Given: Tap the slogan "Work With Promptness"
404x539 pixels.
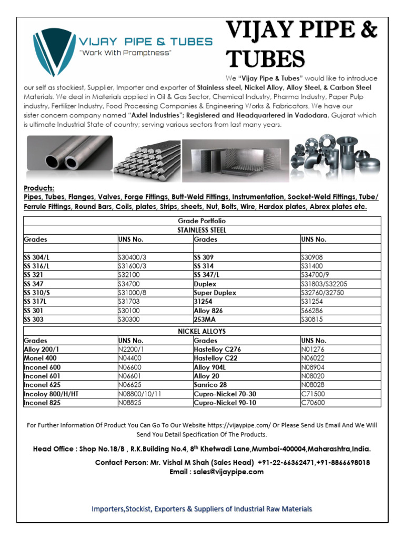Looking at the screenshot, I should pyautogui.click(x=125, y=53).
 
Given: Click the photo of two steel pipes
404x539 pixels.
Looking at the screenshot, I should pyautogui.click(x=69, y=153).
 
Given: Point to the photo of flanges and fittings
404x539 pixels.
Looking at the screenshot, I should pyautogui.click(x=334, y=153).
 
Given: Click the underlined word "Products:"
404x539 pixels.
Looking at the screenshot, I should pyautogui.click(x=39, y=188).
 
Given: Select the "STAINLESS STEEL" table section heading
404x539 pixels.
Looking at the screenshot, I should pyautogui.click(x=202, y=230).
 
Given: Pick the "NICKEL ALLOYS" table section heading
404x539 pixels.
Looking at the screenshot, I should pyautogui.click(x=202, y=332).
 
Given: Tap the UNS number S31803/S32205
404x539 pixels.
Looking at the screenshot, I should pyautogui.click(x=324, y=284).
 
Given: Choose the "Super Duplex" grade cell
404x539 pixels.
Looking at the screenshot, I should pyautogui.click(x=214, y=293).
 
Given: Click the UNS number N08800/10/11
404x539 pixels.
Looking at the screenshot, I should pyautogui.click(x=139, y=394).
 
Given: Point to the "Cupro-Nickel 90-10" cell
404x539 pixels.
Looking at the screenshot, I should pyautogui.click(x=225, y=403).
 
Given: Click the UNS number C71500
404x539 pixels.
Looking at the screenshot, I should pyautogui.click(x=313, y=394).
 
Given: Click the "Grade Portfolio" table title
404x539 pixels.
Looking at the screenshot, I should pyautogui.click(x=202, y=221).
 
